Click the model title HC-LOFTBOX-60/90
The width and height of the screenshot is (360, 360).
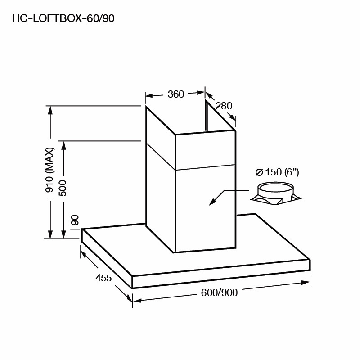(x=63, y=18)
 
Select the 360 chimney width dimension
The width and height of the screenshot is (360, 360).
(x=176, y=94)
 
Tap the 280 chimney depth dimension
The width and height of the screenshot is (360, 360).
(x=224, y=106)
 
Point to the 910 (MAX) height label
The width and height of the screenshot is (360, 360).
(x=49, y=170)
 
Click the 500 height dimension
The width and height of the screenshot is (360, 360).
(x=63, y=188)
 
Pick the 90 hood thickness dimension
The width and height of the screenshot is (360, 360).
(x=75, y=220)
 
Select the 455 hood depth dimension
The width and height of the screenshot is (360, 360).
(x=103, y=278)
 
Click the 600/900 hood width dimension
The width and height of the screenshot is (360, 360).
(x=219, y=292)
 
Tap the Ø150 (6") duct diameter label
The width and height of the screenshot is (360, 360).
(x=277, y=172)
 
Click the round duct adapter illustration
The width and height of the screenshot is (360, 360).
(x=276, y=194)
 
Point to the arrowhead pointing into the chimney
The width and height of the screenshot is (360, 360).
(x=212, y=202)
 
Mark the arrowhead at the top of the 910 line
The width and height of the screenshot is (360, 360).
(x=50, y=110)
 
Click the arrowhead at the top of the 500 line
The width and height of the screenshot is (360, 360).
(x=63, y=145)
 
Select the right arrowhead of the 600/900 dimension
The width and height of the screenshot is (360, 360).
(x=306, y=283)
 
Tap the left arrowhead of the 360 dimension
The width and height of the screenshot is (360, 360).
(x=149, y=95)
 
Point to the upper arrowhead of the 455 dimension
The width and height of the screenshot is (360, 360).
(x=83, y=255)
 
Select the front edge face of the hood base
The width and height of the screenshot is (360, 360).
(x=221, y=274)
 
